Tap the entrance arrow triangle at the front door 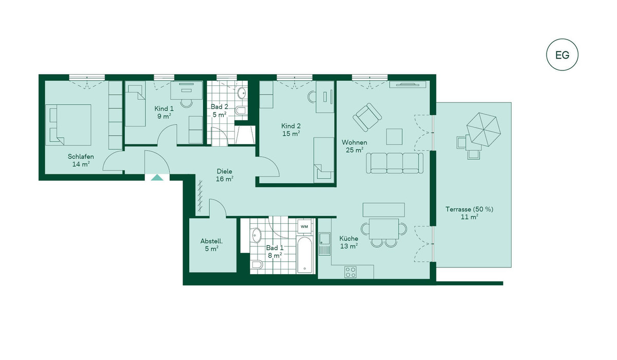pyautogui.click(x=157, y=177)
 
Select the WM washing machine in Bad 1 pyautogui.click(x=304, y=226)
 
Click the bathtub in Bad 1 pyautogui.click(x=304, y=254)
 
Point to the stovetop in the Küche pyautogui.click(x=350, y=272)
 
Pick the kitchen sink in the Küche pyautogui.click(x=324, y=244)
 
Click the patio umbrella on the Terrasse pyautogui.click(x=483, y=129)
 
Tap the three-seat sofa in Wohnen pyautogui.click(x=394, y=163)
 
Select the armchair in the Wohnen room pyautogui.click(x=367, y=117)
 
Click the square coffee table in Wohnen pyautogui.click(x=394, y=137)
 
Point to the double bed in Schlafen pyautogui.click(x=68, y=125)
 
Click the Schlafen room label pyautogui.click(x=81, y=156)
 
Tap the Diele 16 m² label pyautogui.click(x=224, y=175)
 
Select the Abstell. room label pyautogui.click(x=211, y=241)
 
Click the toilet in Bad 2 pyautogui.click(x=240, y=111)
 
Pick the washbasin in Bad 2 pyautogui.click(x=242, y=93)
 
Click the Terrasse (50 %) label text pyautogui.click(x=469, y=209)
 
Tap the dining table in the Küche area pyautogui.click(x=384, y=229)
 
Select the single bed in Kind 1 pyautogui.click(x=135, y=105)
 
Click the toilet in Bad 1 pyautogui.click(x=257, y=265)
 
